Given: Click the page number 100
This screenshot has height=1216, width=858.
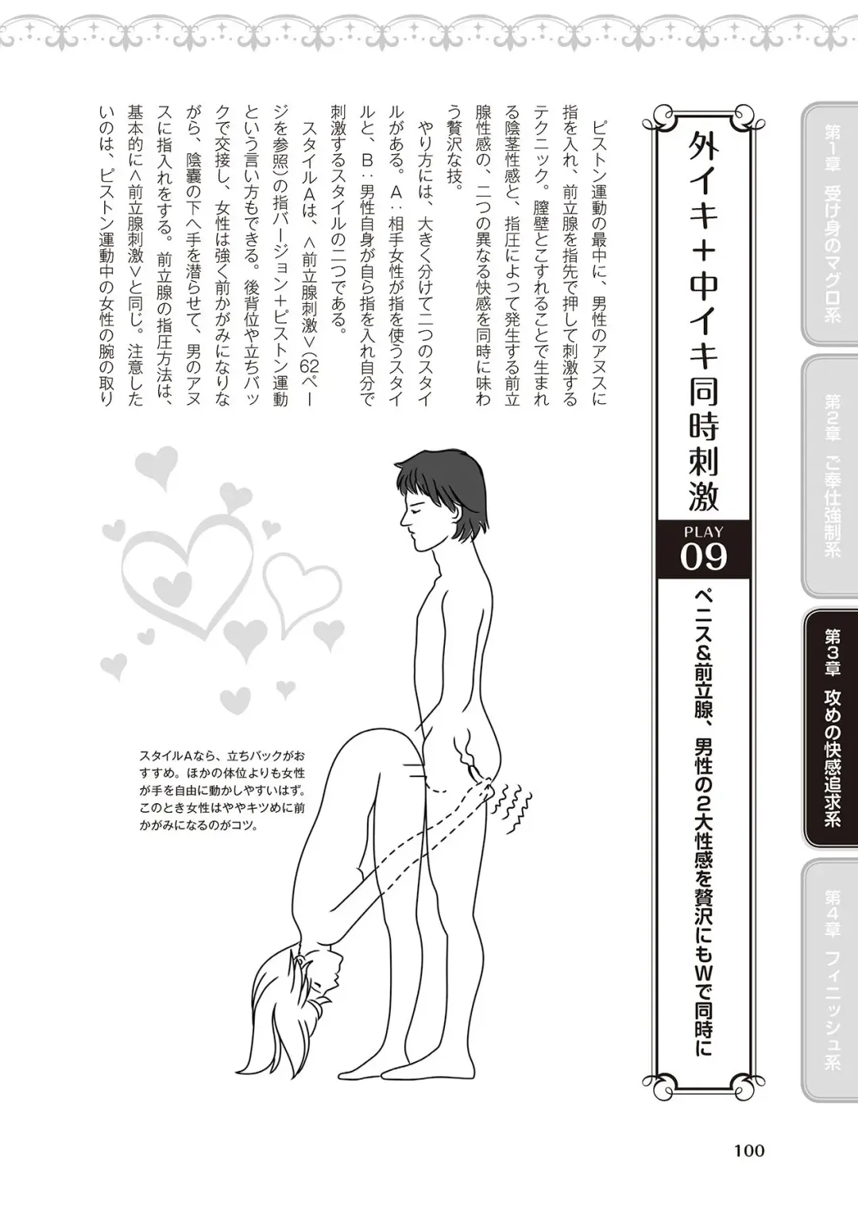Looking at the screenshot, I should [748, 1150].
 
